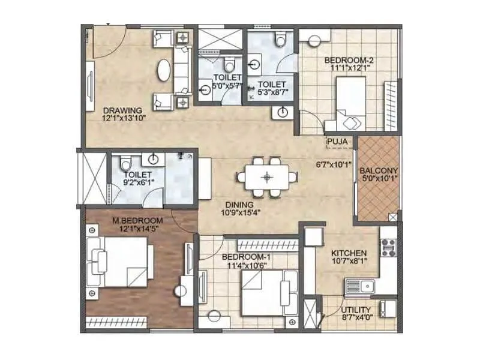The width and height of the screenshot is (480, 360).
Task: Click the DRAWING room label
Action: (x=122, y=110)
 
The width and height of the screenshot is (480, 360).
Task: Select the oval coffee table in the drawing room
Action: (x=163, y=70)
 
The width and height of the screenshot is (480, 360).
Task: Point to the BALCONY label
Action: (x=379, y=170)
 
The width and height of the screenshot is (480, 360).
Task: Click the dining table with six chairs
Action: (x=268, y=177)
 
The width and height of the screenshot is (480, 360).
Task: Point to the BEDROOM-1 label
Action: (x=243, y=257)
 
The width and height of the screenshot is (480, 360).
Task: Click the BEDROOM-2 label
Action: (x=344, y=60)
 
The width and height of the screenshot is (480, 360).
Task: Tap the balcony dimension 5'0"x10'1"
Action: (x=379, y=178)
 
